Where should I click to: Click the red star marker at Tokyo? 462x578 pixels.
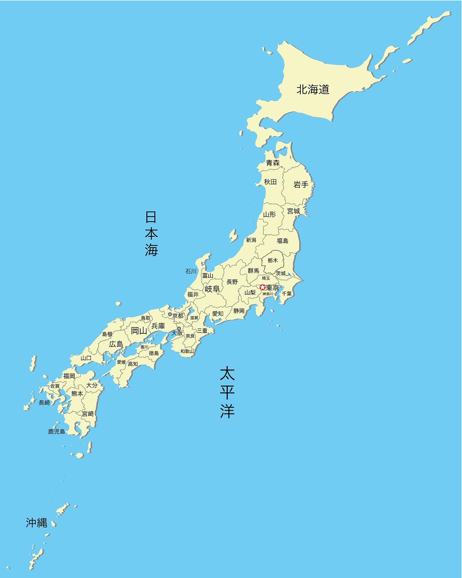coord(263,287)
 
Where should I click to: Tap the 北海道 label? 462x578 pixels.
coord(313,89)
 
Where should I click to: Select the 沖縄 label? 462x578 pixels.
coord(36,522)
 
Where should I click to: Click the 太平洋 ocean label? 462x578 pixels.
coord(227,392)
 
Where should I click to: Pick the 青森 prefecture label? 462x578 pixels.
coord(273,163)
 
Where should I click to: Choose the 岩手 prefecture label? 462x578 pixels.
coord(301,185)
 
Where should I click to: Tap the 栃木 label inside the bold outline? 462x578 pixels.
coord(273,260)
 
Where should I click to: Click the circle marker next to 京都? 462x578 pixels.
coord(170,314)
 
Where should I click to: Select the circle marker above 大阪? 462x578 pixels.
coord(179,329)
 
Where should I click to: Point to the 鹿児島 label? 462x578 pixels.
coord(57,431)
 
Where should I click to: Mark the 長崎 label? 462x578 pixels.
coord(44,402)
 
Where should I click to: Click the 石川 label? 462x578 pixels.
coord(191,271)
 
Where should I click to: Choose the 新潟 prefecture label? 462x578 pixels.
coord(251,240)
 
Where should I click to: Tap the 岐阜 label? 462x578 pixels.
coord(212,289)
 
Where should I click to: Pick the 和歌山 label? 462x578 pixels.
coord(187,351)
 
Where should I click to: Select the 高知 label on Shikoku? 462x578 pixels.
coord(133,364)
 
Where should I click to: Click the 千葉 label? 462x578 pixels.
coord(287,294)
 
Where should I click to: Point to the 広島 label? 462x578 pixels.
coord(116,344)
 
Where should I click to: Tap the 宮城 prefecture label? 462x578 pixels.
coord(293,211)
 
